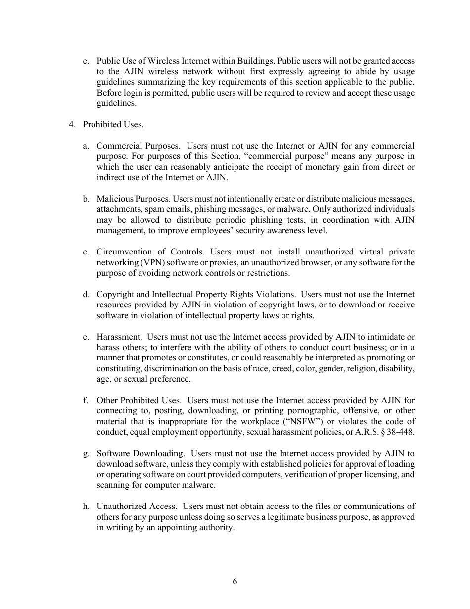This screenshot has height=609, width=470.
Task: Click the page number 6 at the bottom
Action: (235, 582)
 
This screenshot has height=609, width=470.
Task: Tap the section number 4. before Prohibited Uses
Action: (72, 124)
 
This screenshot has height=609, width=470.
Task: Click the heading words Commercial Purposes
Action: (139, 146)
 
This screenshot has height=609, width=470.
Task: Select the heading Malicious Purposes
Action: (134, 199)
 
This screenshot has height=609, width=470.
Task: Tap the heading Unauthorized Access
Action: (137, 506)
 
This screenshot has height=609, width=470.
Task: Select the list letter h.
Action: (86, 506)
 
